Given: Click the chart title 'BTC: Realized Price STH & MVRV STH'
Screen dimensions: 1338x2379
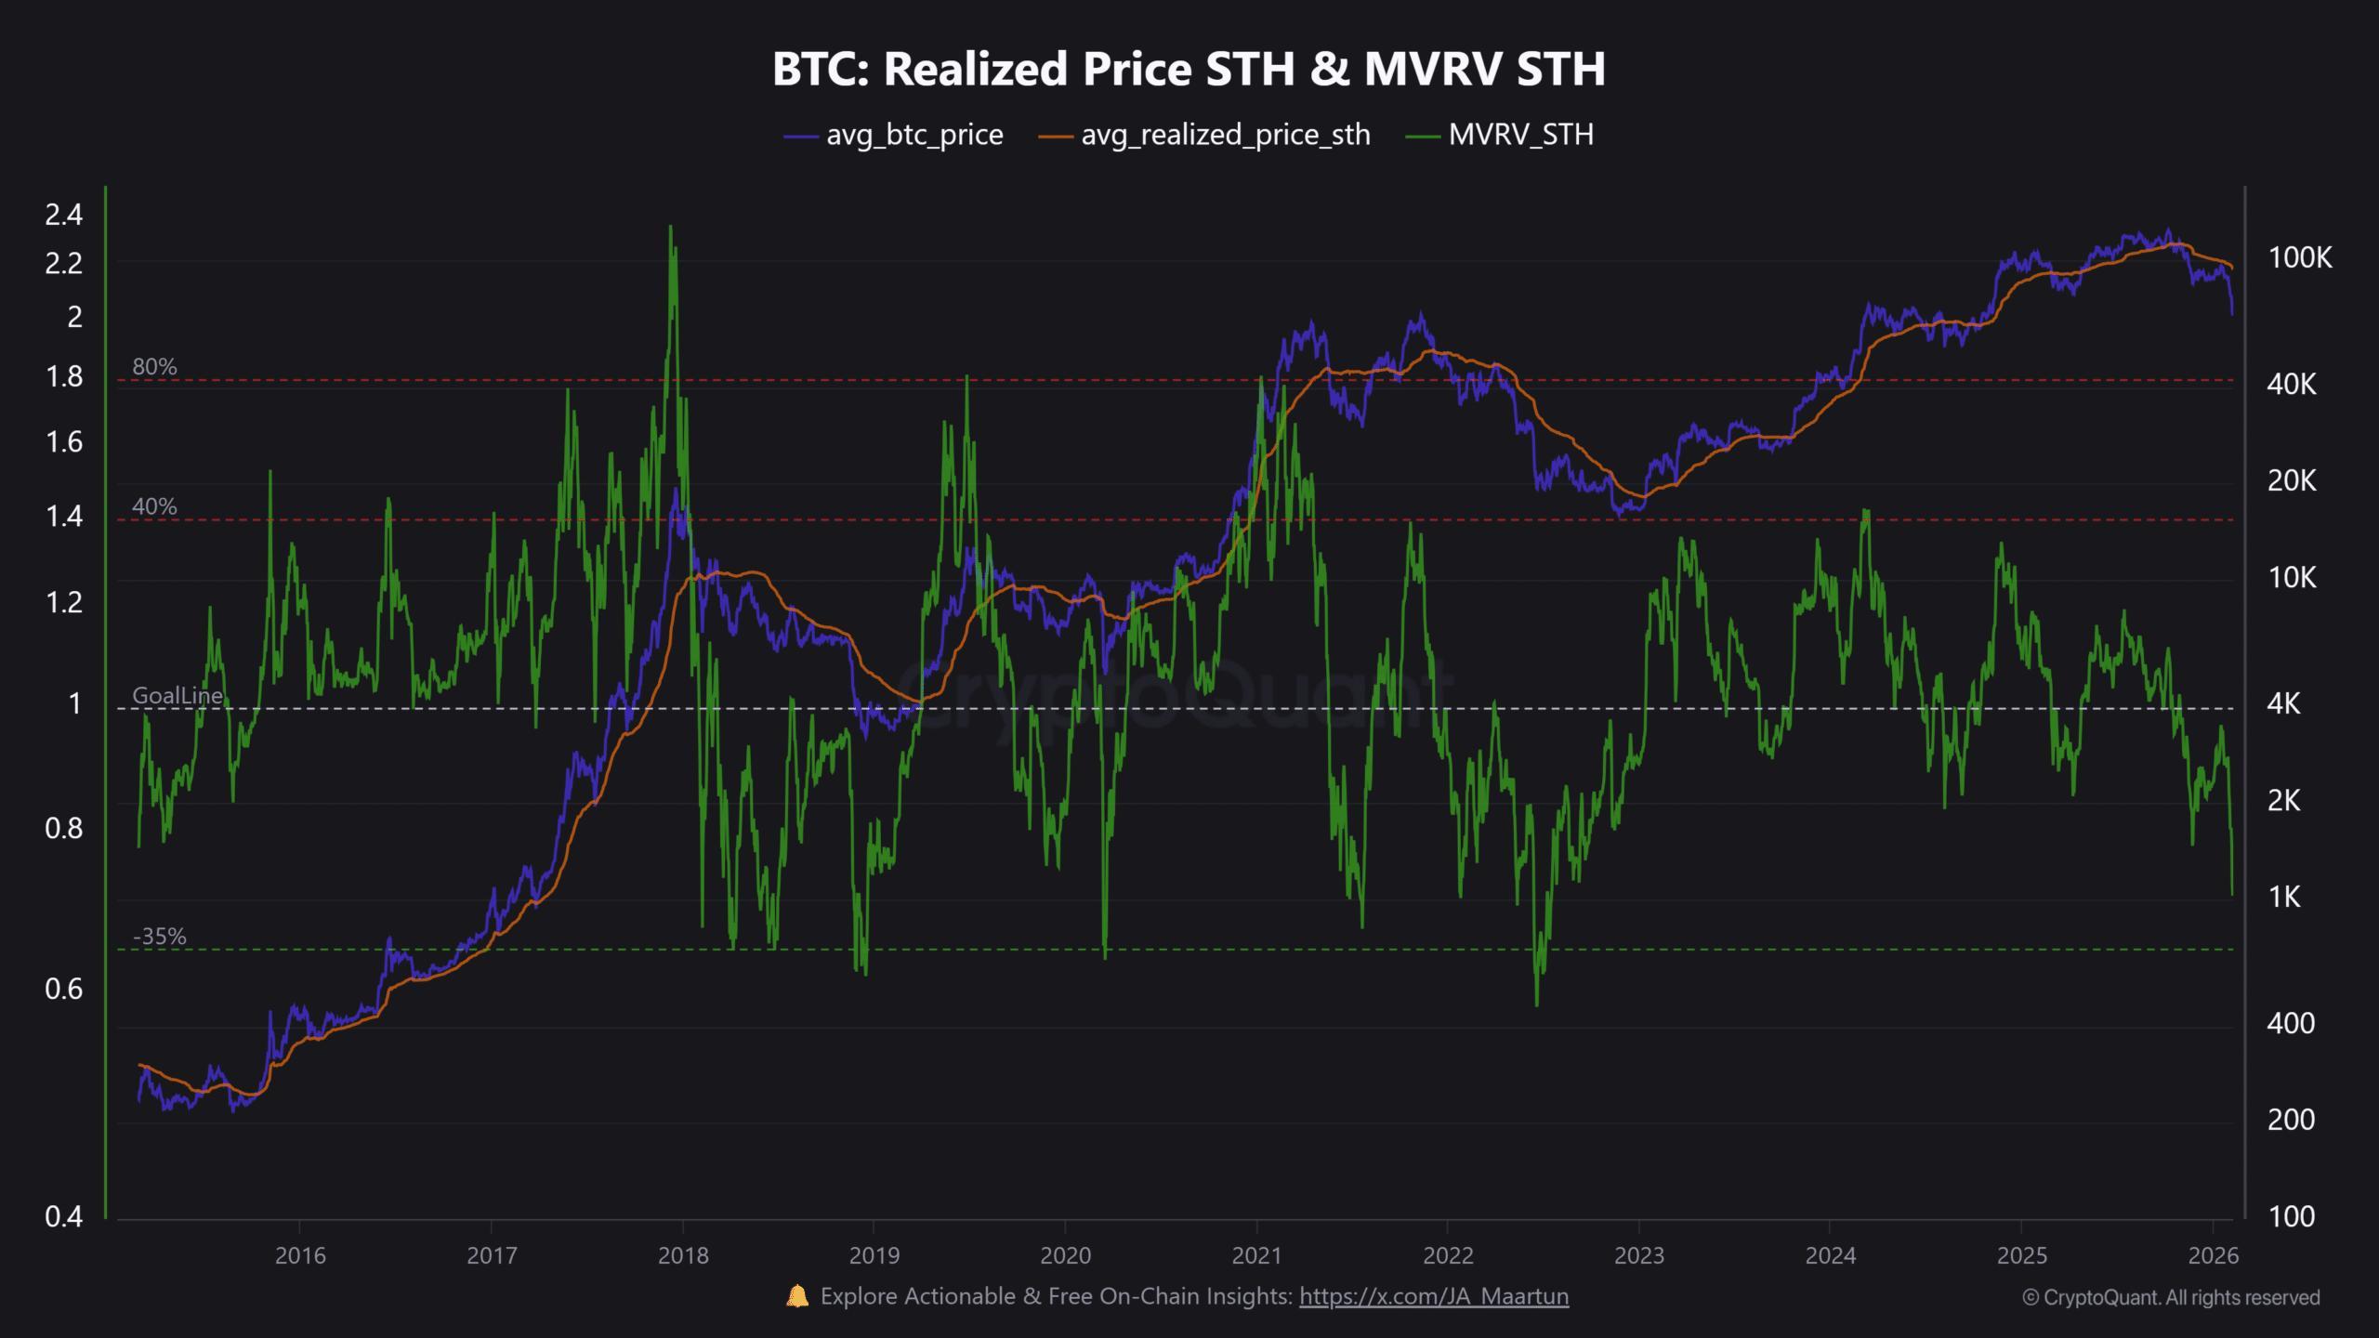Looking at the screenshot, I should pyautogui.click(x=1189, y=69).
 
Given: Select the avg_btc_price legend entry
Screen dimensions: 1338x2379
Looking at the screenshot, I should pyautogui.click(x=894, y=136).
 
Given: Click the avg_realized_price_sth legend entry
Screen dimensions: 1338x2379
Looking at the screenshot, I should pyautogui.click(x=1204, y=136).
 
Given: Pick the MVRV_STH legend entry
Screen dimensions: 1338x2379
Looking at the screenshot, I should pyautogui.click(x=1501, y=136).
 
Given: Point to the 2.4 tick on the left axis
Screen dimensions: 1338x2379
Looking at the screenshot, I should pyautogui.click(x=63, y=215).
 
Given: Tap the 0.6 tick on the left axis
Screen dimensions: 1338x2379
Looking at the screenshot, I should pyautogui.click(x=63, y=989).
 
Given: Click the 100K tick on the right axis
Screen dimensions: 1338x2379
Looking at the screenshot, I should pyautogui.click(x=2299, y=257).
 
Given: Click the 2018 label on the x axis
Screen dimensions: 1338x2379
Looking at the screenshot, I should pyautogui.click(x=682, y=1256).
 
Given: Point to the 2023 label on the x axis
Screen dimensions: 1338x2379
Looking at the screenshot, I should pyautogui.click(x=1638, y=1256).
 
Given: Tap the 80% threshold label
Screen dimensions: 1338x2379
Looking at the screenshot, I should pyautogui.click(x=154, y=367).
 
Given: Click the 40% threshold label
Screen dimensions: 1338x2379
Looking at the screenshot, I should pyautogui.click(x=154, y=506).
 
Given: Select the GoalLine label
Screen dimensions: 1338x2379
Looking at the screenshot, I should pyautogui.click(x=177, y=695).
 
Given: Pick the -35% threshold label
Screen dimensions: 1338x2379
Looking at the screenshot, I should pyautogui.click(x=159, y=937).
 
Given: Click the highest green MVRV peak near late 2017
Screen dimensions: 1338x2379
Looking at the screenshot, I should pyautogui.click(x=670, y=227).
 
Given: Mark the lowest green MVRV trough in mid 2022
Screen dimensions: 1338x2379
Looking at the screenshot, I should pyautogui.click(x=1536, y=1004).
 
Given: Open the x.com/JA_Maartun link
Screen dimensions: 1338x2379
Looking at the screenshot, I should pyautogui.click(x=1433, y=1296).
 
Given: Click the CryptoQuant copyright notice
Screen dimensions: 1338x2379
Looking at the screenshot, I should pyautogui.click(x=2171, y=1297).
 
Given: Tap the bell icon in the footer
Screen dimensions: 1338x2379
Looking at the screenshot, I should pyautogui.click(x=797, y=1296).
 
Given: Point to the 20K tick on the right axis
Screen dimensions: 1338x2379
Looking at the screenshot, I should pyautogui.click(x=2292, y=480).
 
